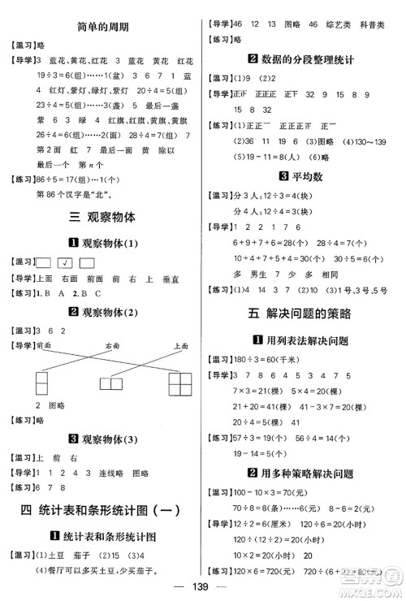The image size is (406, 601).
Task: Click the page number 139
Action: pyautogui.click(x=203, y=585)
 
